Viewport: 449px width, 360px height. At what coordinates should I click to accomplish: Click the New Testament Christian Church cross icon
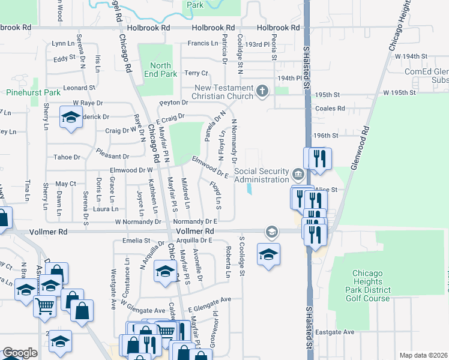(x=261, y=91)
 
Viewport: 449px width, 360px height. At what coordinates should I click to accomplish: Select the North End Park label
(x=160, y=70)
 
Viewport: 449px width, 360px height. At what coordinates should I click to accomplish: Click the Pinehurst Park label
(x=34, y=93)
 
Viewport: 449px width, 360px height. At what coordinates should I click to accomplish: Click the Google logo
(x=20, y=353)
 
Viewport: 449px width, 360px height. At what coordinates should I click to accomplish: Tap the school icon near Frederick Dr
(x=71, y=118)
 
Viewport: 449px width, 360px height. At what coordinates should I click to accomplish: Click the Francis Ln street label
(x=202, y=43)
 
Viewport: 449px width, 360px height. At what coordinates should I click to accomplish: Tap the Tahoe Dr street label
(x=68, y=157)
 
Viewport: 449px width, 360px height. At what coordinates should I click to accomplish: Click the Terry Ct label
(x=196, y=73)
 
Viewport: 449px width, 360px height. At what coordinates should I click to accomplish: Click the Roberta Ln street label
(x=228, y=263)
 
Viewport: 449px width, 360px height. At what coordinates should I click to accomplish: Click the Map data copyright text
(x=423, y=355)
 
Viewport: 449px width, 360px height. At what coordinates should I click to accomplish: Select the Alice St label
(x=331, y=189)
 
